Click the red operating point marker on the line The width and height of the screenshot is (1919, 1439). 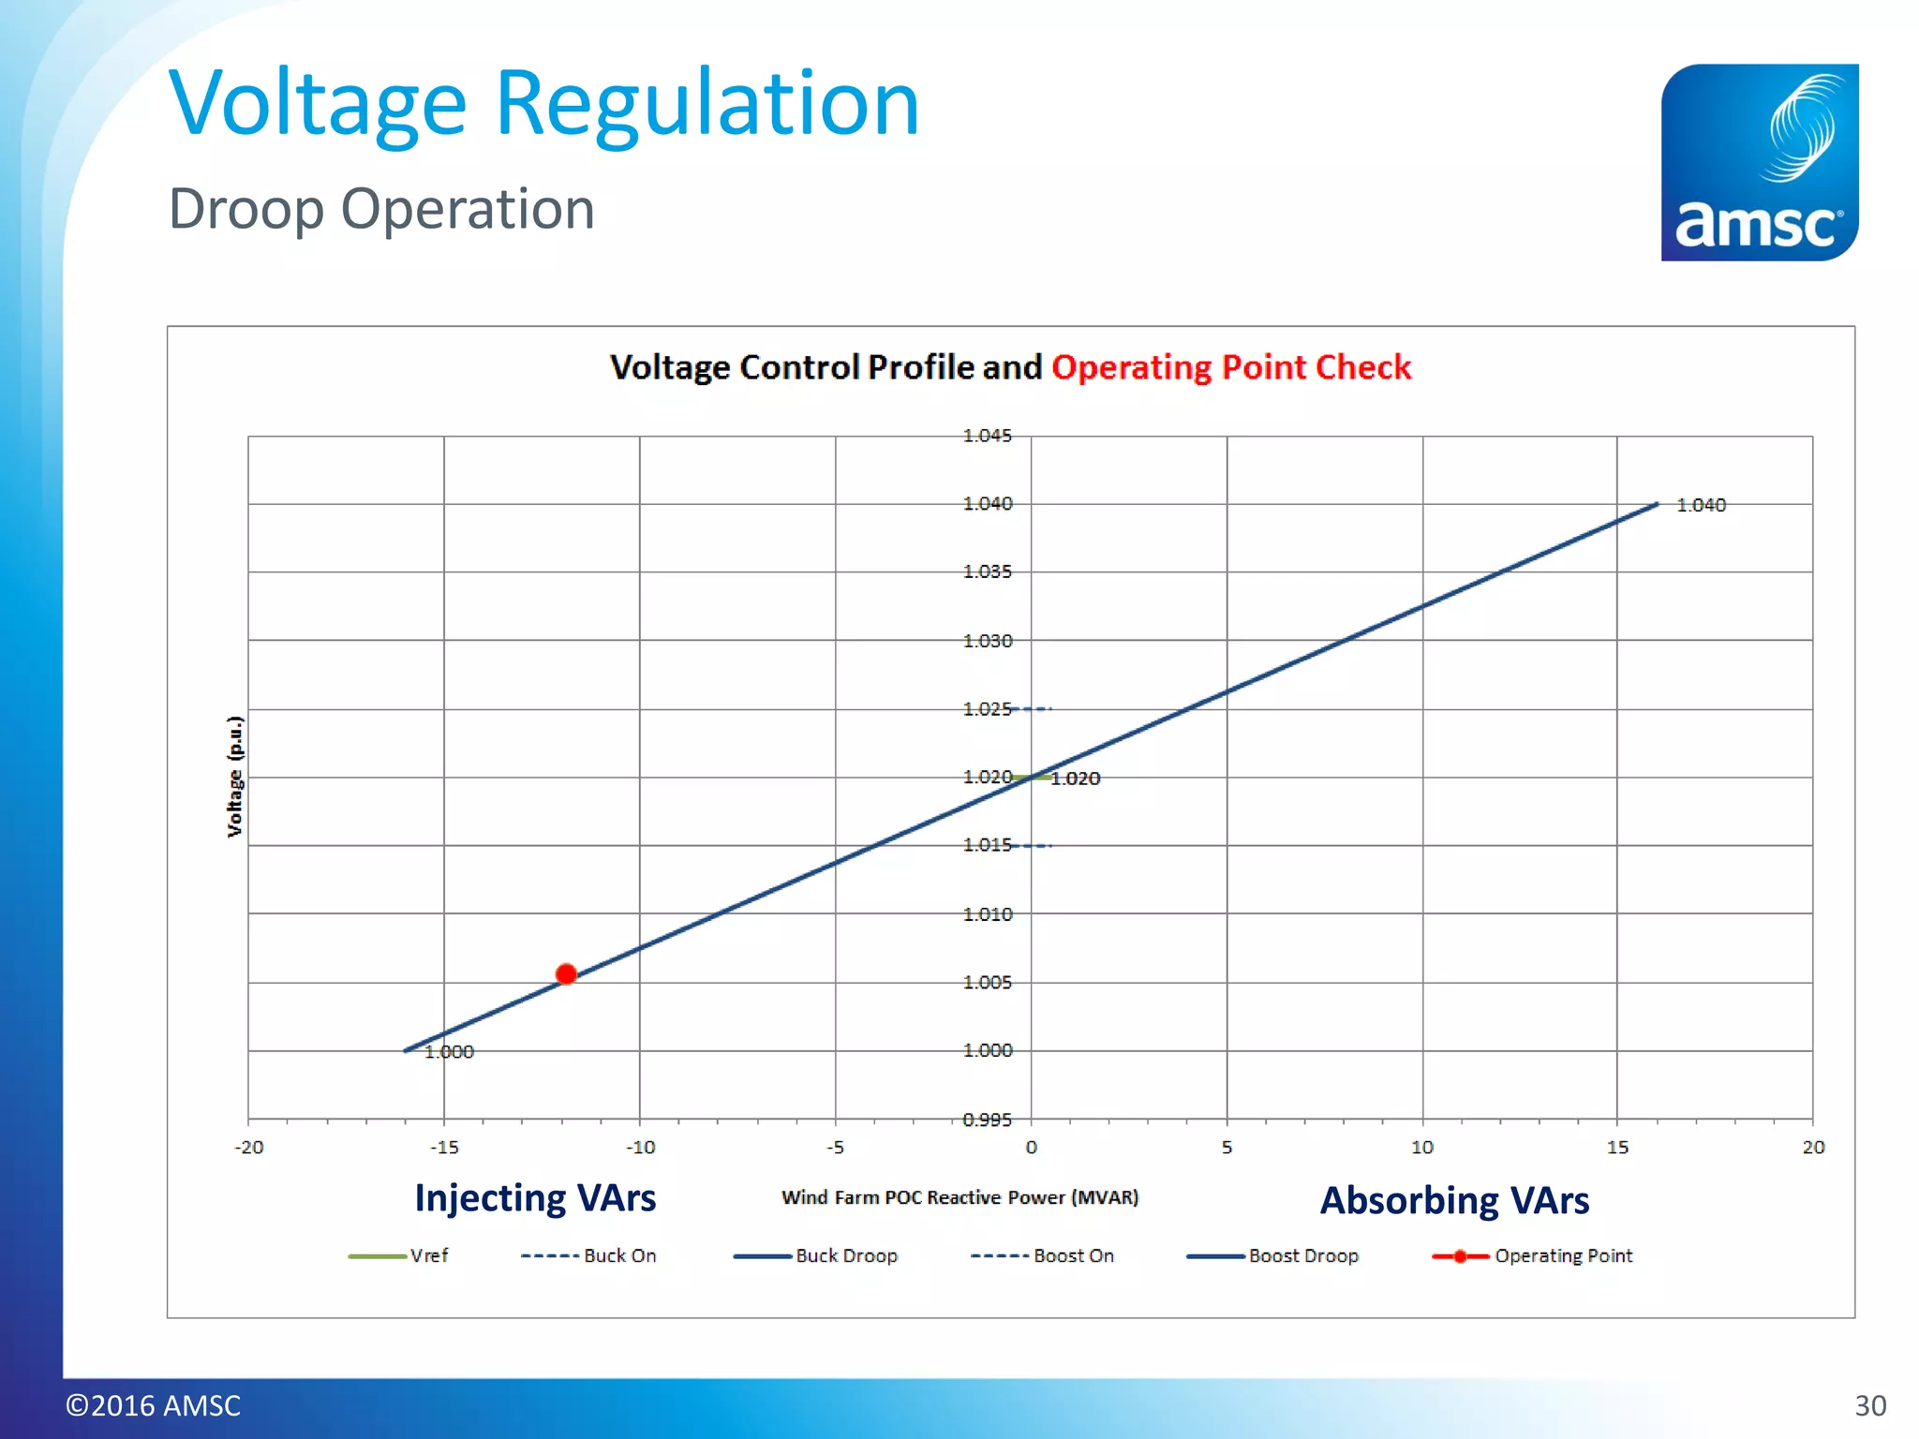click(566, 974)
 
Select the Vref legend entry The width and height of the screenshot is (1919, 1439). click(399, 1255)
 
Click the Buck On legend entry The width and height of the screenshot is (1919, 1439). click(589, 1255)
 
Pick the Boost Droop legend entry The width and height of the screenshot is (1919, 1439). click(1273, 1255)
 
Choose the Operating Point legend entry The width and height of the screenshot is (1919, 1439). click(1533, 1255)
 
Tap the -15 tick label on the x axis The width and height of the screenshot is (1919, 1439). click(444, 1147)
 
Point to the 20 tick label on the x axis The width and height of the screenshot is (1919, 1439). click(1813, 1147)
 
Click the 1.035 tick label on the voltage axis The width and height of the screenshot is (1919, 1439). click(988, 571)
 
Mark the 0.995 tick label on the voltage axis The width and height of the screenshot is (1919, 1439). click(988, 1120)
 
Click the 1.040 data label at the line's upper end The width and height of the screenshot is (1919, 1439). click(1701, 505)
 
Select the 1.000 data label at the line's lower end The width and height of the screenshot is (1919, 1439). click(449, 1052)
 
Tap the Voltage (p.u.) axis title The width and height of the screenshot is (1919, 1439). click(235, 776)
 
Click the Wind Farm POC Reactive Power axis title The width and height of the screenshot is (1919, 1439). click(959, 1197)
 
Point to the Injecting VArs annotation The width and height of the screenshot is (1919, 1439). click(535, 1198)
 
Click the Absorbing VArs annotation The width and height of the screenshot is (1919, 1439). click(1454, 1200)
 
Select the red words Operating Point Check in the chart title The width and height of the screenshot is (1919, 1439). click(1231, 367)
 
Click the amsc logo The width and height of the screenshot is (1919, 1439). click(1759, 162)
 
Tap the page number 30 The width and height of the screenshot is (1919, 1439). click(1870, 1405)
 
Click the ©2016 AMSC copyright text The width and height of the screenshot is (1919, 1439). click(154, 1405)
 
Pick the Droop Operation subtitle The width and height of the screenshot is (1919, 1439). click(381, 208)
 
